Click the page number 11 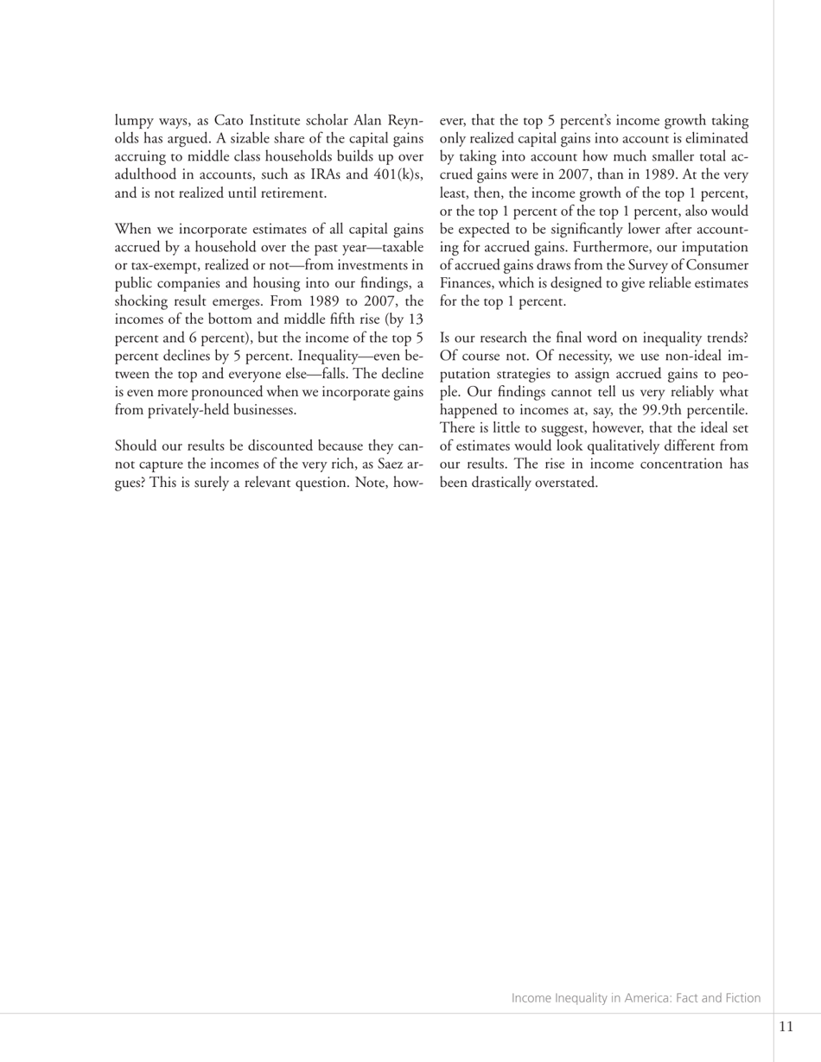click(x=786, y=1027)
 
